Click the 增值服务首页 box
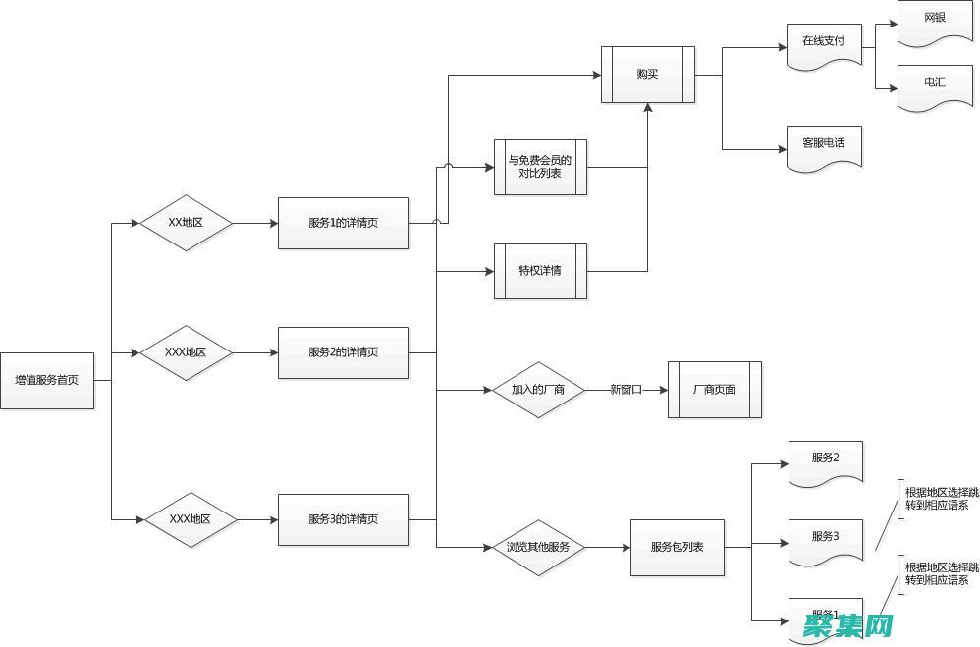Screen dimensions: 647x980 [x=47, y=380]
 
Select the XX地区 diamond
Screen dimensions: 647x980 [x=186, y=223]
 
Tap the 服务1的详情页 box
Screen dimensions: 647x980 [x=343, y=223]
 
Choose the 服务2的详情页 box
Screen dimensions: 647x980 [x=343, y=352]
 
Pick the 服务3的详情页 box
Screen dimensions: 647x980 [x=343, y=519]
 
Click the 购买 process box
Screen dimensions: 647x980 [x=647, y=75]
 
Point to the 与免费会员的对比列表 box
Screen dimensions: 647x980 [x=540, y=167]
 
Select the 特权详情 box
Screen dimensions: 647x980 [x=540, y=270]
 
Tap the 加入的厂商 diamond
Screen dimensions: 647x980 [x=537, y=390]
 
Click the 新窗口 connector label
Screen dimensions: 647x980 [x=626, y=390]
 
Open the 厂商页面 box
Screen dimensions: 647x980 [x=714, y=390]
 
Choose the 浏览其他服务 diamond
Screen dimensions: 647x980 [x=537, y=547]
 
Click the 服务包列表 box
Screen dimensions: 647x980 [x=677, y=547]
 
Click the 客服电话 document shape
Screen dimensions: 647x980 [x=824, y=145]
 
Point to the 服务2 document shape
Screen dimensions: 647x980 [x=825, y=459]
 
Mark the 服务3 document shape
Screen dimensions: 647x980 [x=825, y=538]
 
